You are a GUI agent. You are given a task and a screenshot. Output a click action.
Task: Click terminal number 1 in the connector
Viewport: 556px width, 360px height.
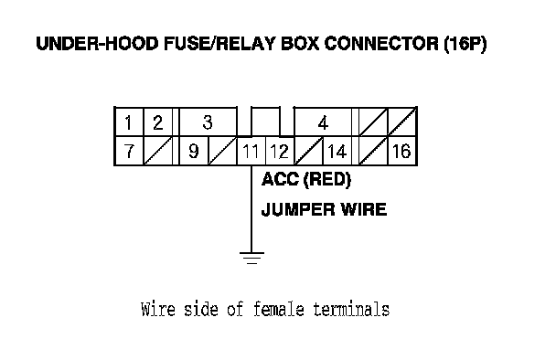[x=129, y=122]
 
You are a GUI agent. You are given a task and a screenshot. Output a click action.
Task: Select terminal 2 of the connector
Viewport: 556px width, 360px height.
[x=158, y=122]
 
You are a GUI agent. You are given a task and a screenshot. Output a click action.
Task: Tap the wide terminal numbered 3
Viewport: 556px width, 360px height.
[x=208, y=122]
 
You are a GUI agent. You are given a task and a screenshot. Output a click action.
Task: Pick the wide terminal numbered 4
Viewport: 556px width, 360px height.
[x=323, y=122]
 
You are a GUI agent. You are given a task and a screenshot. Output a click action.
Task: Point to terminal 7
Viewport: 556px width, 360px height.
[x=129, y=151]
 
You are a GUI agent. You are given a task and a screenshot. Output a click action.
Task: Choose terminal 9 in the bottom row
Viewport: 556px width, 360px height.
[x=194, y=151]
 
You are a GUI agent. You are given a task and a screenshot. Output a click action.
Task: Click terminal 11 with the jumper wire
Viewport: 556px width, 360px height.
[x=251, y=151]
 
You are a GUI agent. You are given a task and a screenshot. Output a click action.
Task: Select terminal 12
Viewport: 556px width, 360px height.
[x=280, y=151]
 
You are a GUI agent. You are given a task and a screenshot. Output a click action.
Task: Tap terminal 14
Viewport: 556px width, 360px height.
[x=337, y=151]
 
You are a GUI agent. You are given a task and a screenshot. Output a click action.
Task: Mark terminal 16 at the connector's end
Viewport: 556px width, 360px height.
[x=402, y=151]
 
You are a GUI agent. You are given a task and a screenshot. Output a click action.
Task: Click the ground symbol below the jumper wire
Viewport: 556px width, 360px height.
[x=251, y=259]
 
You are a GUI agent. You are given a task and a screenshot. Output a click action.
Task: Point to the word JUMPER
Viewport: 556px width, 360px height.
[x=297, y=209]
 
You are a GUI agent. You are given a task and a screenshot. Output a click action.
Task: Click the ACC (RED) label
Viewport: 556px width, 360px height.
[x=306, y=179]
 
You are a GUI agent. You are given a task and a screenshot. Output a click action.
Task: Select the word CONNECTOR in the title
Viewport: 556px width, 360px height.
[x=381, y=44]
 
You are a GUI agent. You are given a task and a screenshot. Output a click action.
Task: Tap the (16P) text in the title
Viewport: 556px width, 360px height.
[x=465, y=44]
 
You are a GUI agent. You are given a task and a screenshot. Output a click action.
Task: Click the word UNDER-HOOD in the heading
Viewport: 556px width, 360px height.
[x=97, y=44]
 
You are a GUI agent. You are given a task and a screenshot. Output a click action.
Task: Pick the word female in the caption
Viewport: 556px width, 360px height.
[x=279, y=309]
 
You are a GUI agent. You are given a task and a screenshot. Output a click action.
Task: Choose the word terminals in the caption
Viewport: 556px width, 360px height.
[x=351, y=309]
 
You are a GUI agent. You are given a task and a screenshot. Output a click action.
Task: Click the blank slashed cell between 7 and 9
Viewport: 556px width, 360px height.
[x=158, y=151]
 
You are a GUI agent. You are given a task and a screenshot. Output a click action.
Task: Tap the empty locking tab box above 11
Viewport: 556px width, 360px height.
[x=265, y=122]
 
